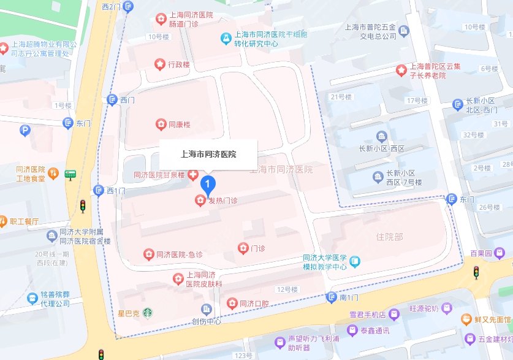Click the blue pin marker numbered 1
click(x=208, y=183)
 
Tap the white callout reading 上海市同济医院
click(x=208, y=154)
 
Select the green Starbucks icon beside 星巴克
click(x=148, y=313)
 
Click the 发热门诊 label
click(x=222, y=200)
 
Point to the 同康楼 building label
click(x=179, y=124)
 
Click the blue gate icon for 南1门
click(x=332, y=297)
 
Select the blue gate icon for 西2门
click(x=127, y=6)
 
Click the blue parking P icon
click(x=25, y=130)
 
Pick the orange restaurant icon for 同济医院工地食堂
click(x=53, y=174)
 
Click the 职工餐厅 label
click(x=24, y=221)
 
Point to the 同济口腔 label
click(x=254, y=304)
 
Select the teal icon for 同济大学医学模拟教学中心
click(x=355, y=262)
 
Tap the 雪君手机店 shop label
click(x=364, y=315)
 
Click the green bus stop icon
click(x=71, y=175)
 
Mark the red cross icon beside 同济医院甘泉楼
click(x=193, y=175)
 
